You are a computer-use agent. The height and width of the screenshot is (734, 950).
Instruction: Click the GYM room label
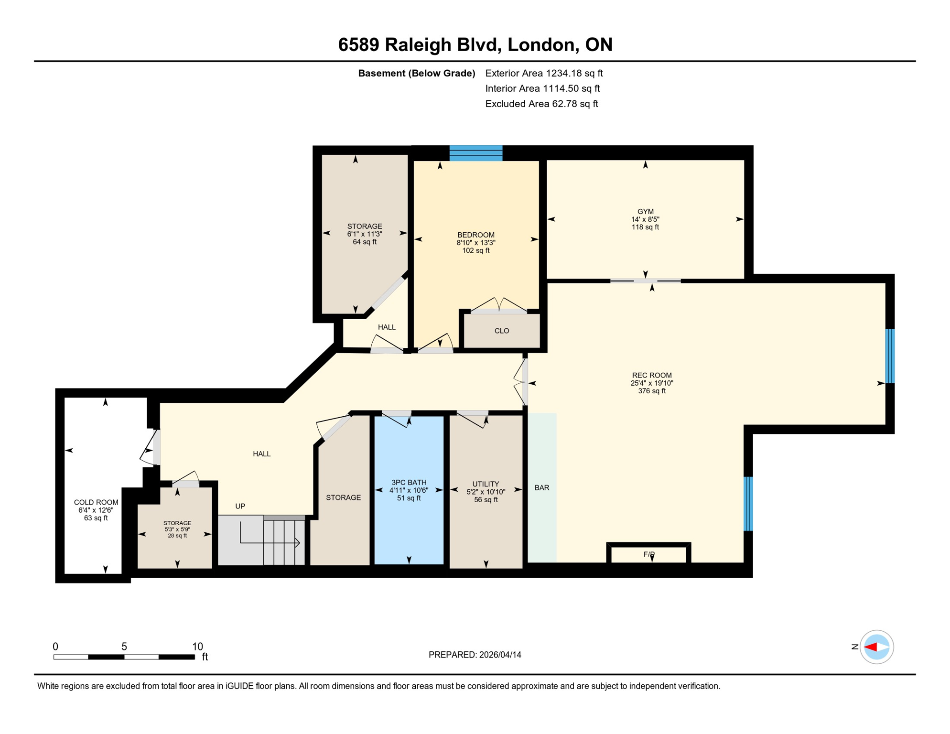(x=645, y=211)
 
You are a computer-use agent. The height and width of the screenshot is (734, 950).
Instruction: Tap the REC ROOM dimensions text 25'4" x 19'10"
(x=652, y=383)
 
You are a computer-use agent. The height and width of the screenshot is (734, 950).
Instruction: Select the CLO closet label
(x=501, y=331)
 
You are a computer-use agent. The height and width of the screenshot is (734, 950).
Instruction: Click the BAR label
(x=541, y=487)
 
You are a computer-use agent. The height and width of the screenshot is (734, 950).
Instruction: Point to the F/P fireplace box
(x=648, y=554)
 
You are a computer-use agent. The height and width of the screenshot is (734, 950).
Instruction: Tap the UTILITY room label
(x=486, y=484)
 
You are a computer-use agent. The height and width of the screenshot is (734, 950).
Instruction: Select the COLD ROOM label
(x=96, y=502)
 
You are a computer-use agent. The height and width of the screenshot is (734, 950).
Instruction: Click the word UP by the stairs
(x=240, y=506)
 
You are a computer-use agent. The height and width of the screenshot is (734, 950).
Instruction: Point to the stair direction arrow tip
(x=298, y=542)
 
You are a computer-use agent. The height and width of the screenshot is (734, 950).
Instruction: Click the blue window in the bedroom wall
(x=475, y=153)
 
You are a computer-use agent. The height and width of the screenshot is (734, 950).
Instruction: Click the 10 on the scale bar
(x=197, y=647)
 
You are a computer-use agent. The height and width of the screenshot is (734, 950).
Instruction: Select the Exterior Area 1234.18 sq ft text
(x=543, y=73)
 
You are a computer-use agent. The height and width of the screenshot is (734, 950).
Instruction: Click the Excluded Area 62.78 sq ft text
(x=541, y=104)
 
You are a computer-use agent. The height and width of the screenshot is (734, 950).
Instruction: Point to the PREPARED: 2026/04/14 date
(x=475, y=655)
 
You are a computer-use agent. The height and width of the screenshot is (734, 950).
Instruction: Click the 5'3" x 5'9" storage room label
(x=177, y=529)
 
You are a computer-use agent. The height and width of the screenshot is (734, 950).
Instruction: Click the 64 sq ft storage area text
(x=365, y=242)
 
